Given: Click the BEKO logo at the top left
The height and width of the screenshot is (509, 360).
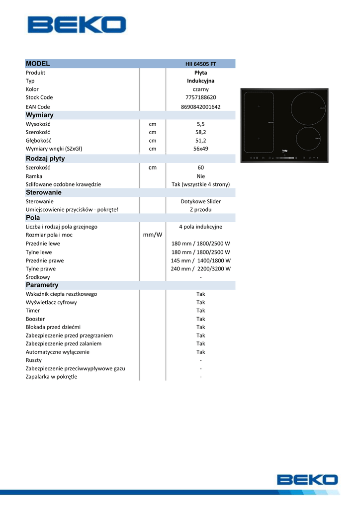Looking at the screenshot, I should [77, 25].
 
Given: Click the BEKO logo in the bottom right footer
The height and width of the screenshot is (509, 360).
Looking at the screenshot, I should [307, 480].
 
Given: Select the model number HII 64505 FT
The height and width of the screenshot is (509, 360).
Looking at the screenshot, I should [200, 64].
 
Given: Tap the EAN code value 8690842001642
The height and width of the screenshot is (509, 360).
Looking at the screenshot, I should [200, 107].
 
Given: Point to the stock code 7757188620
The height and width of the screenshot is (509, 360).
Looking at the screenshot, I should [200, 97].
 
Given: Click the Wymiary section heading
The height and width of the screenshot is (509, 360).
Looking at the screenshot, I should [40, 115].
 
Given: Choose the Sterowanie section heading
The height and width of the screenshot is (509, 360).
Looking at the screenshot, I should [44, 192].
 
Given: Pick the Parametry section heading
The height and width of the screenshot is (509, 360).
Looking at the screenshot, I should [42, 285].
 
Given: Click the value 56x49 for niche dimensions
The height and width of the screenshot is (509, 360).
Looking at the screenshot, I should [200, 149].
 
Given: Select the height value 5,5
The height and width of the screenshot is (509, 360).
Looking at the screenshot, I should [200, 124].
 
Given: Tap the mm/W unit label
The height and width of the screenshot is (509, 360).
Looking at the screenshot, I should [153, 235].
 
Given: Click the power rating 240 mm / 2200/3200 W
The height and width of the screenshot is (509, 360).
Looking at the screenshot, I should [200, 269].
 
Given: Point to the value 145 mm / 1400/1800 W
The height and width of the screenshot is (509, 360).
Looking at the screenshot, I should [200, 260].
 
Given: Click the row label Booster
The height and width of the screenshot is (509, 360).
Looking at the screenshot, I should [35, 319].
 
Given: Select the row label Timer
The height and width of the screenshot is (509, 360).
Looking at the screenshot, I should [33, 311].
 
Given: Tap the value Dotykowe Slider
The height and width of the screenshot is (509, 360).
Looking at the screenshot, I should [200, 201].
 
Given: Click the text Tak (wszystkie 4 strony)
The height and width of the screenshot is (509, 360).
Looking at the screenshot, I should [200, 184].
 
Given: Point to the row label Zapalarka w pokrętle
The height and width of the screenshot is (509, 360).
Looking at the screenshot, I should [52, 377].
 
